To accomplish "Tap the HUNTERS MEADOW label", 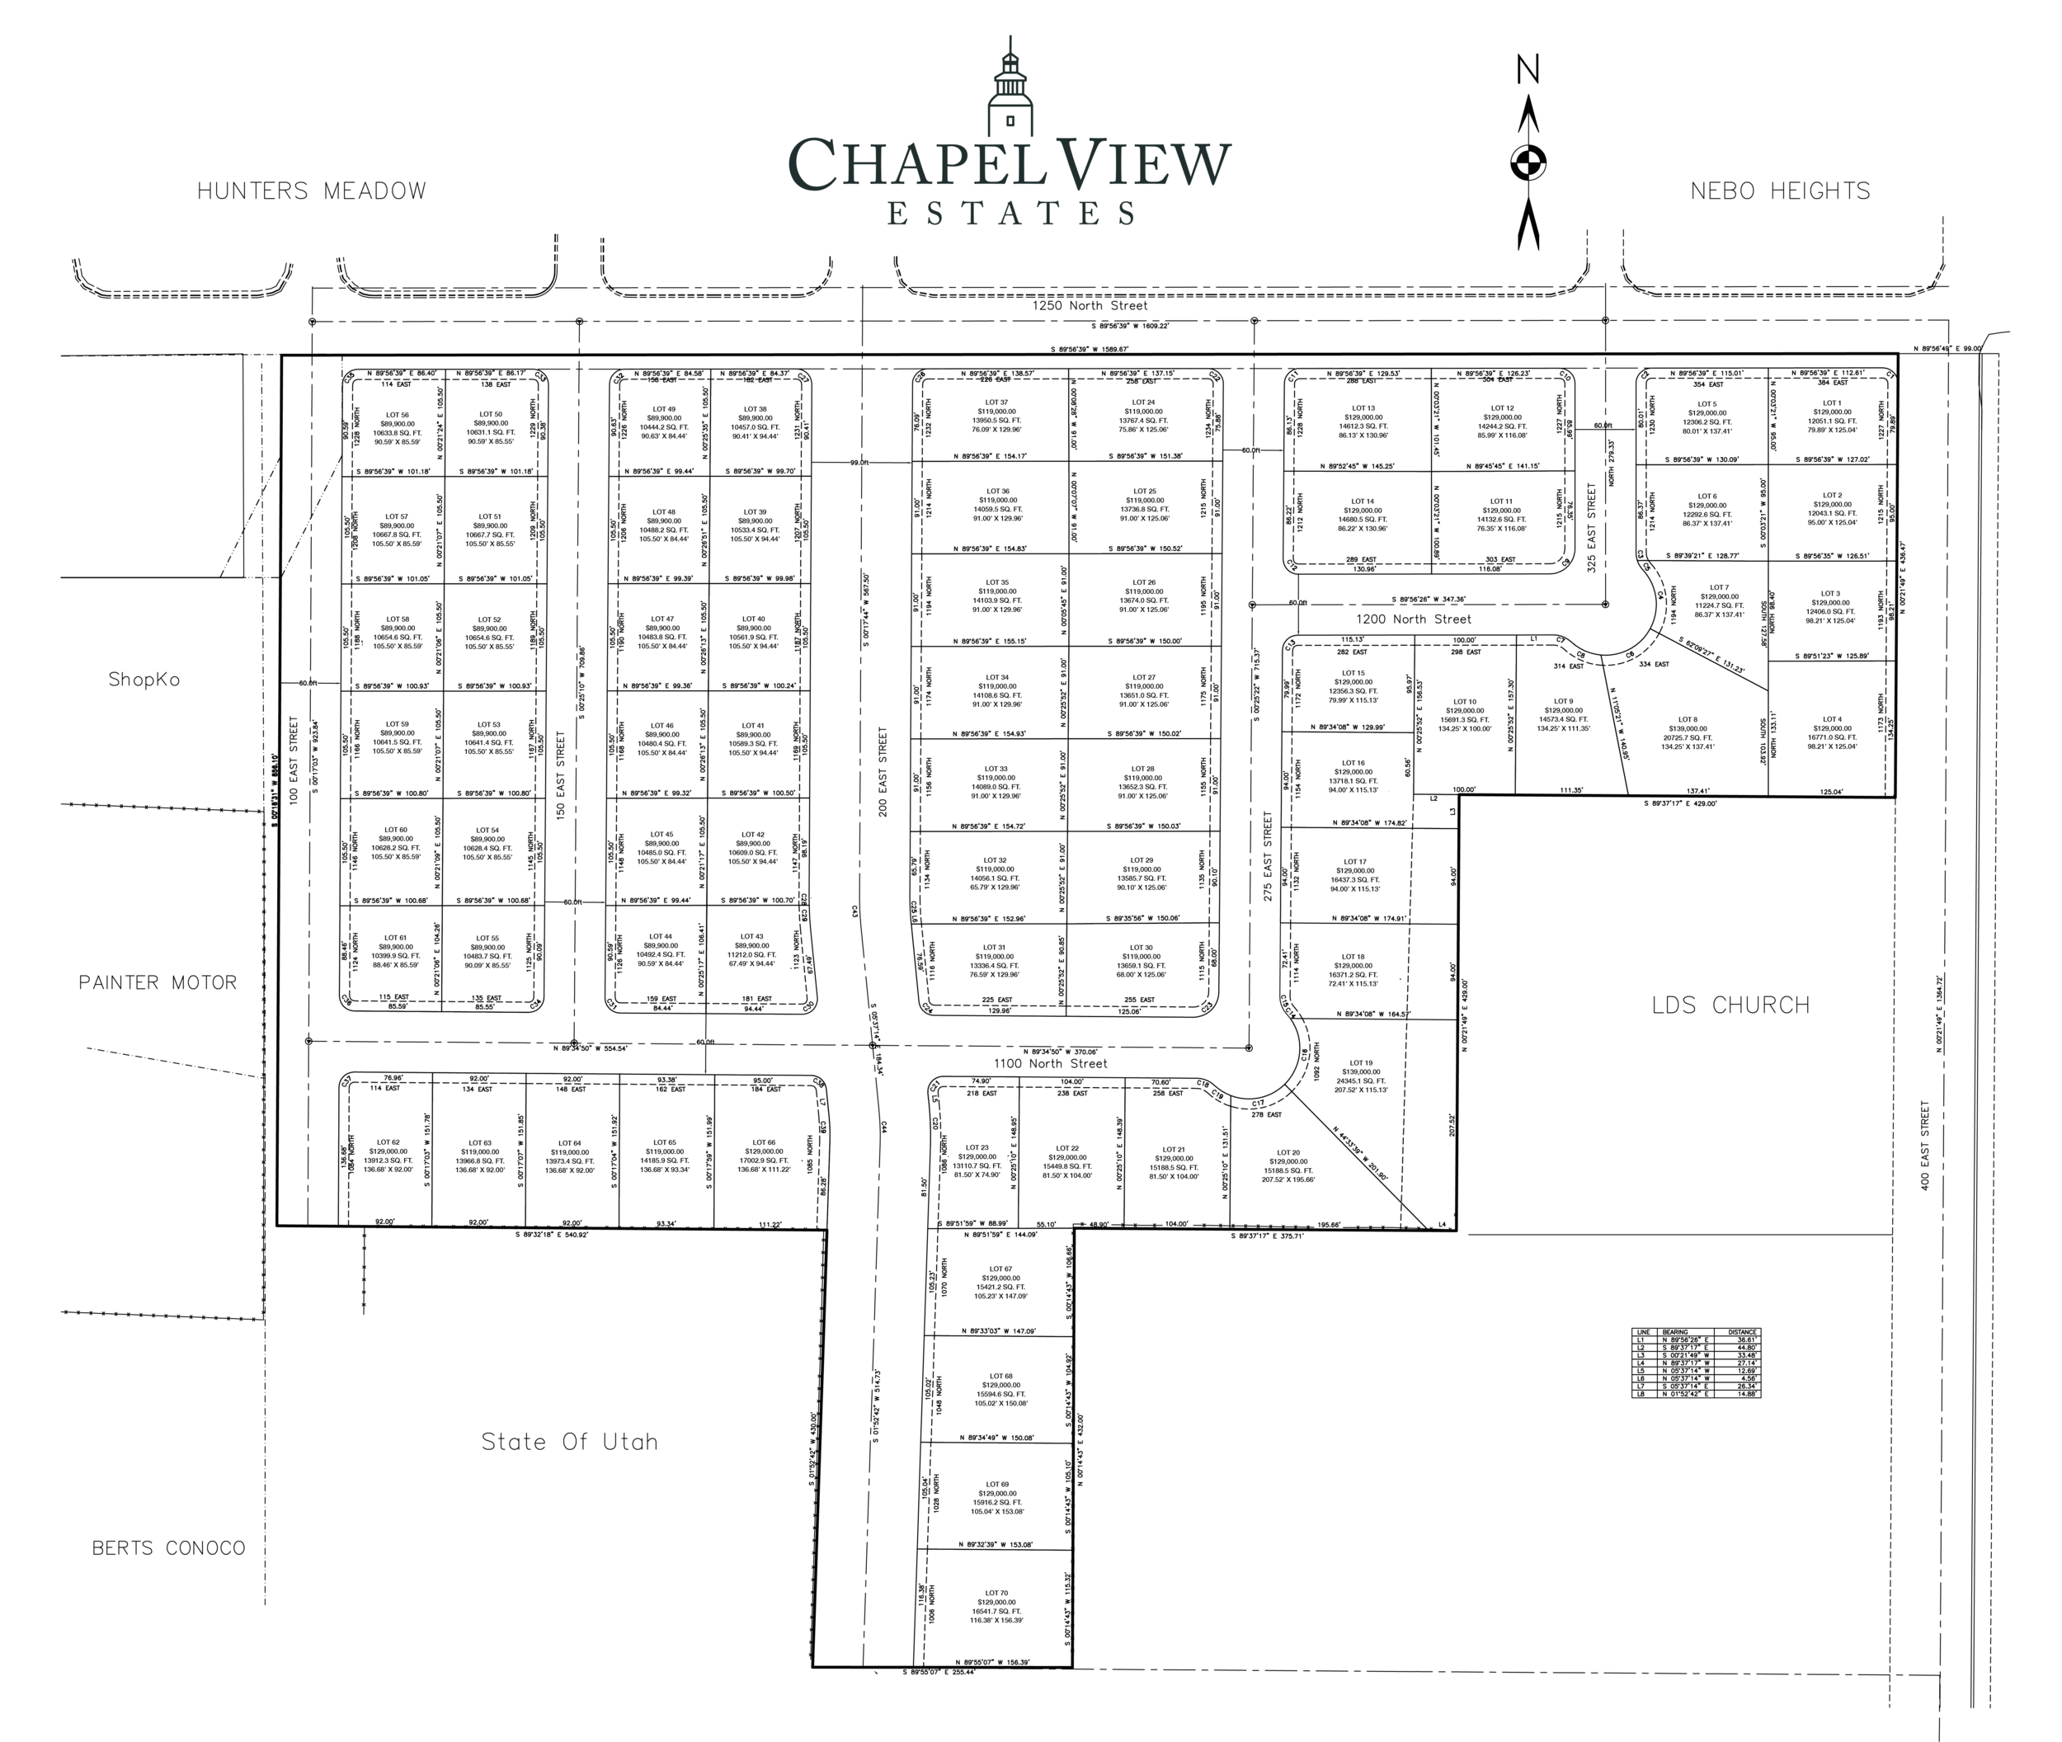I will point(312,191).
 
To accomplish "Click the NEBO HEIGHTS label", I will point(1780,191).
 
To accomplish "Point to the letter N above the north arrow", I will point(1528,70).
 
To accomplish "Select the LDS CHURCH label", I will point(1730,1005).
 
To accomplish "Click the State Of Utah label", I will point(569,1442).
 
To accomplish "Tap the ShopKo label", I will point(144,680).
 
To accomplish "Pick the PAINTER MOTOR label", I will point(158,982).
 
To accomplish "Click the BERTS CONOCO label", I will point(168,1548).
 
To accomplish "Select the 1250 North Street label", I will point(1090,306).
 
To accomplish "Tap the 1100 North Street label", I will point(1050,1063).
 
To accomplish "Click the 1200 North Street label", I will point(1412,619).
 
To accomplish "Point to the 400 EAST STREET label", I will point(1923,1146).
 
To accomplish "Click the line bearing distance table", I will point(1696,1363).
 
